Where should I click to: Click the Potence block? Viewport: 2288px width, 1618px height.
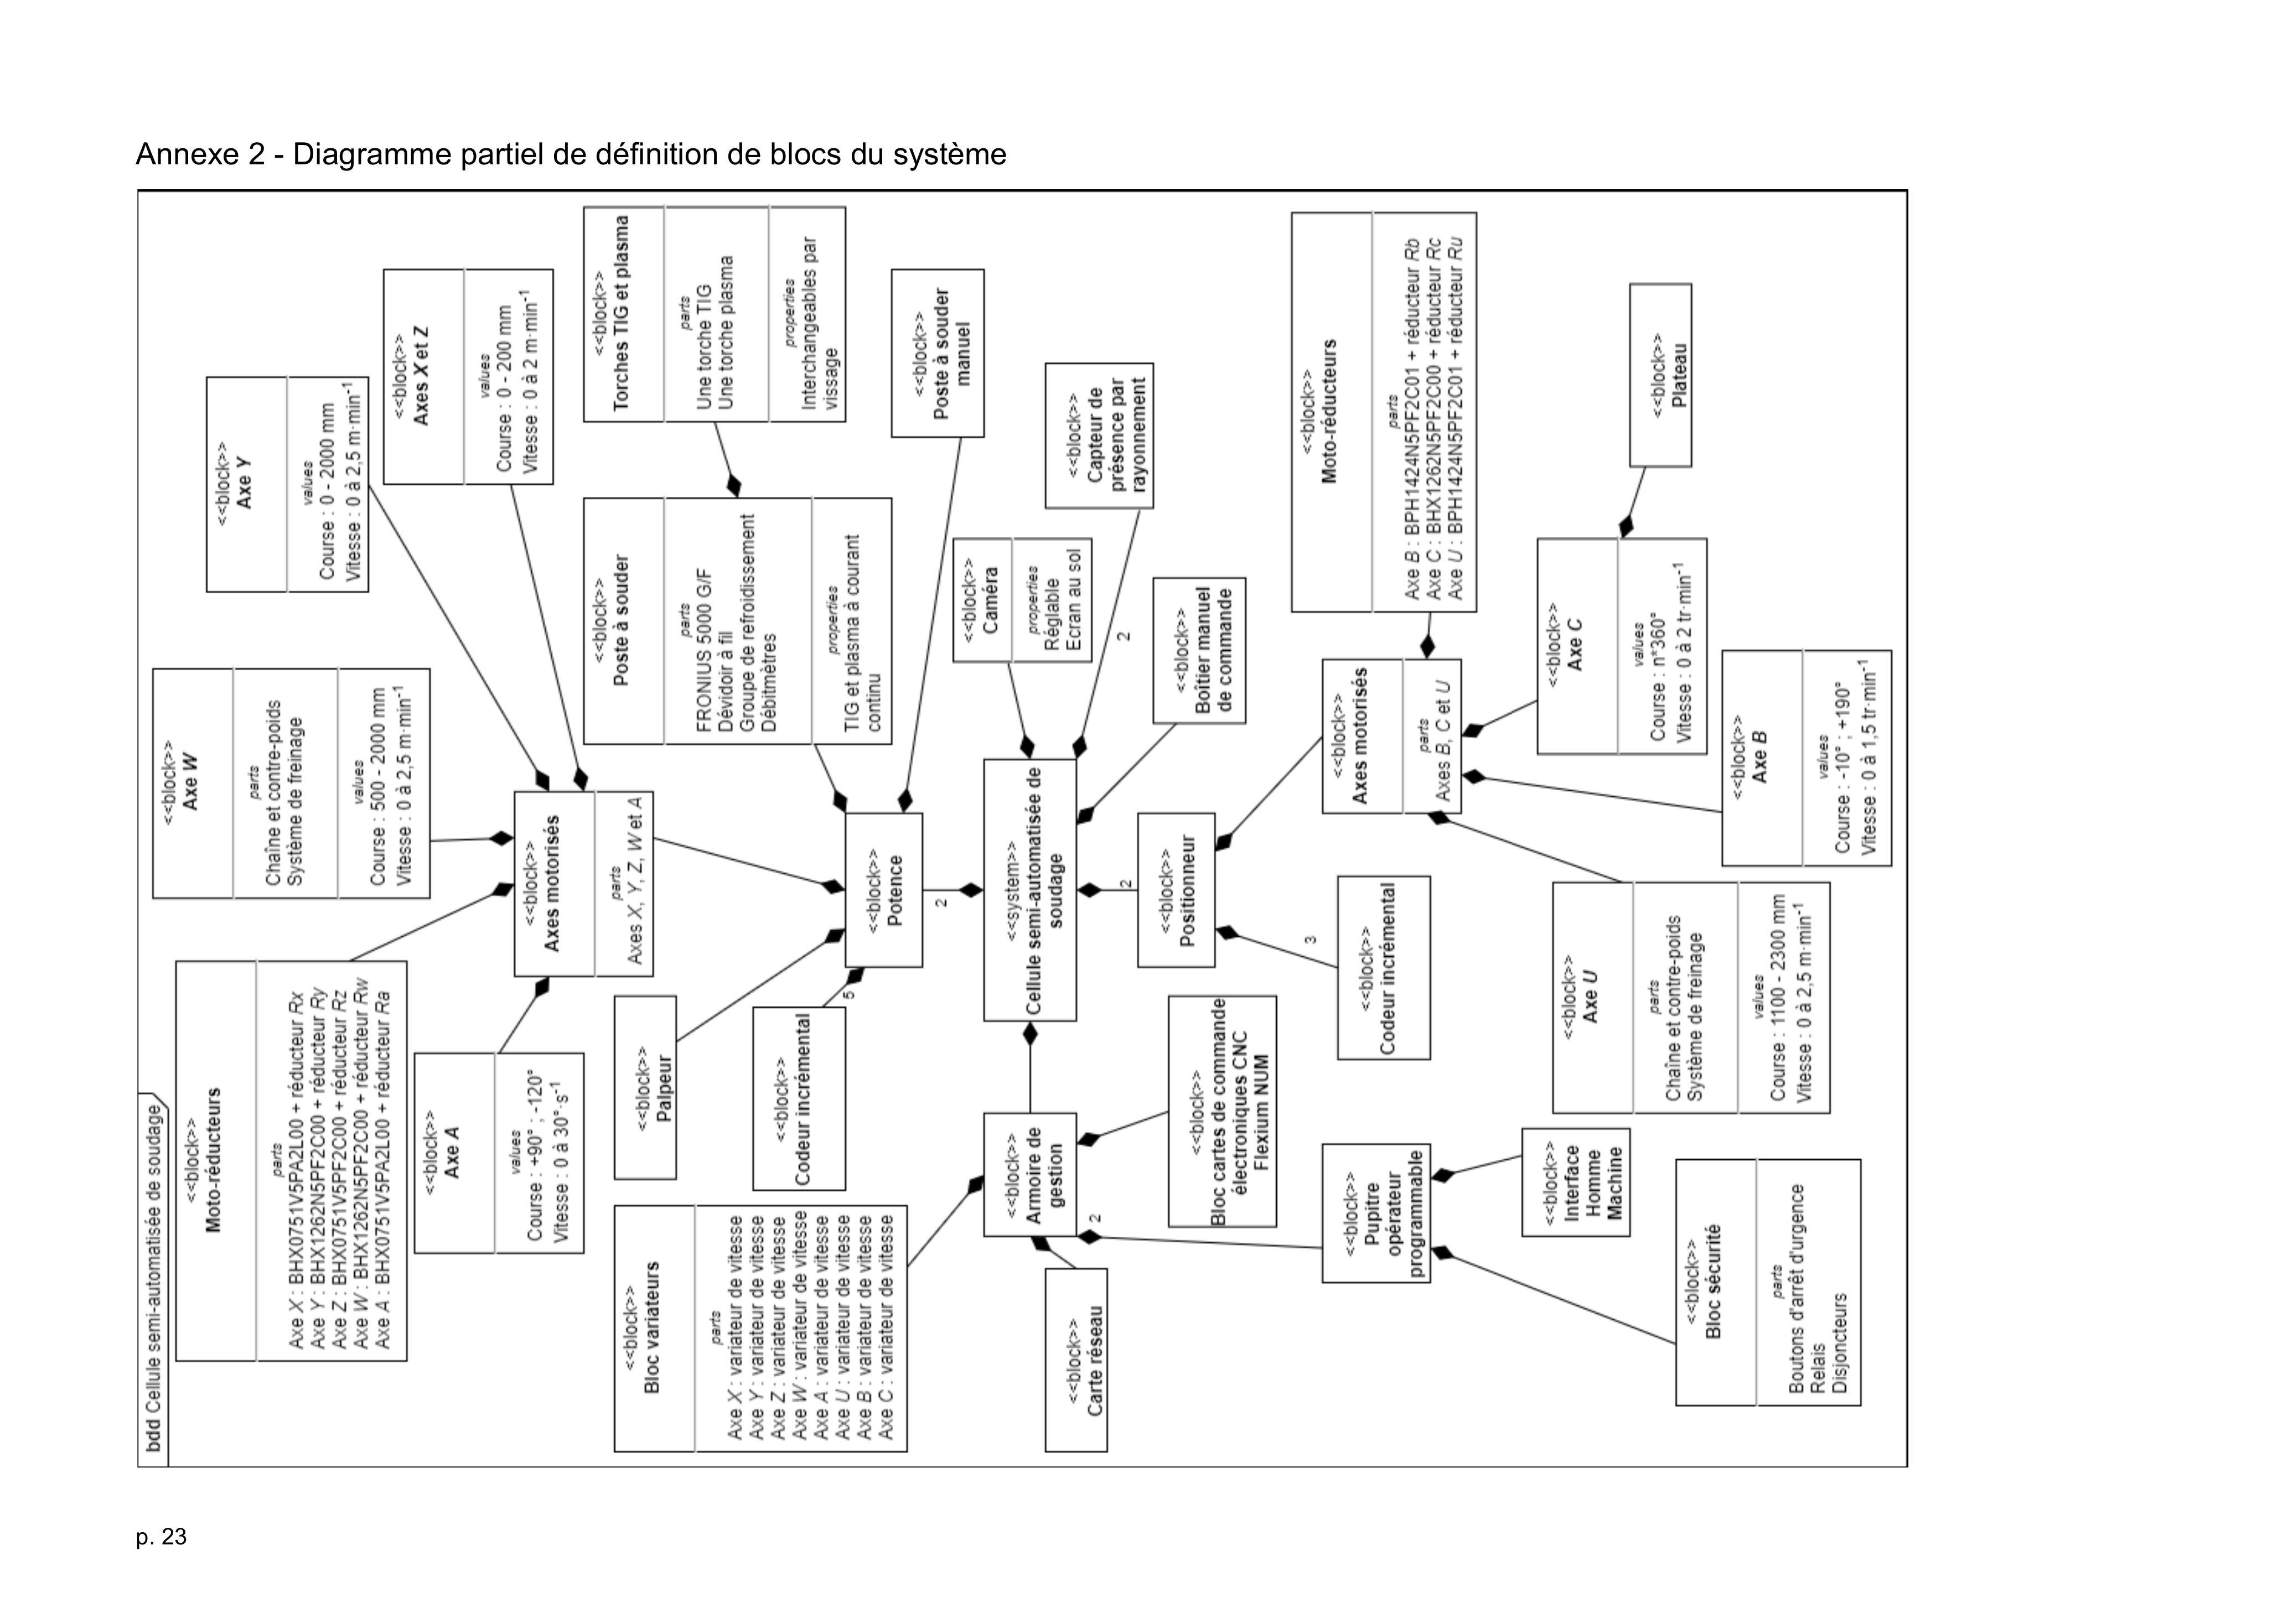tap(884, 890)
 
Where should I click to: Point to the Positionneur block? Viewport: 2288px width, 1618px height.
tap(1176, 890)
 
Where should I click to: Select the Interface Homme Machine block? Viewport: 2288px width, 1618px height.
tap(1576, 1181)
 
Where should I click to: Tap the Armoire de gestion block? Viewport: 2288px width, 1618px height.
tap(1031, 1175)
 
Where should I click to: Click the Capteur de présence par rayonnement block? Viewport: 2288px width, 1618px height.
tap(1099, 435)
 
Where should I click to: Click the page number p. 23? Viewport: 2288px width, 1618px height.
tap(162, 1537)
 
